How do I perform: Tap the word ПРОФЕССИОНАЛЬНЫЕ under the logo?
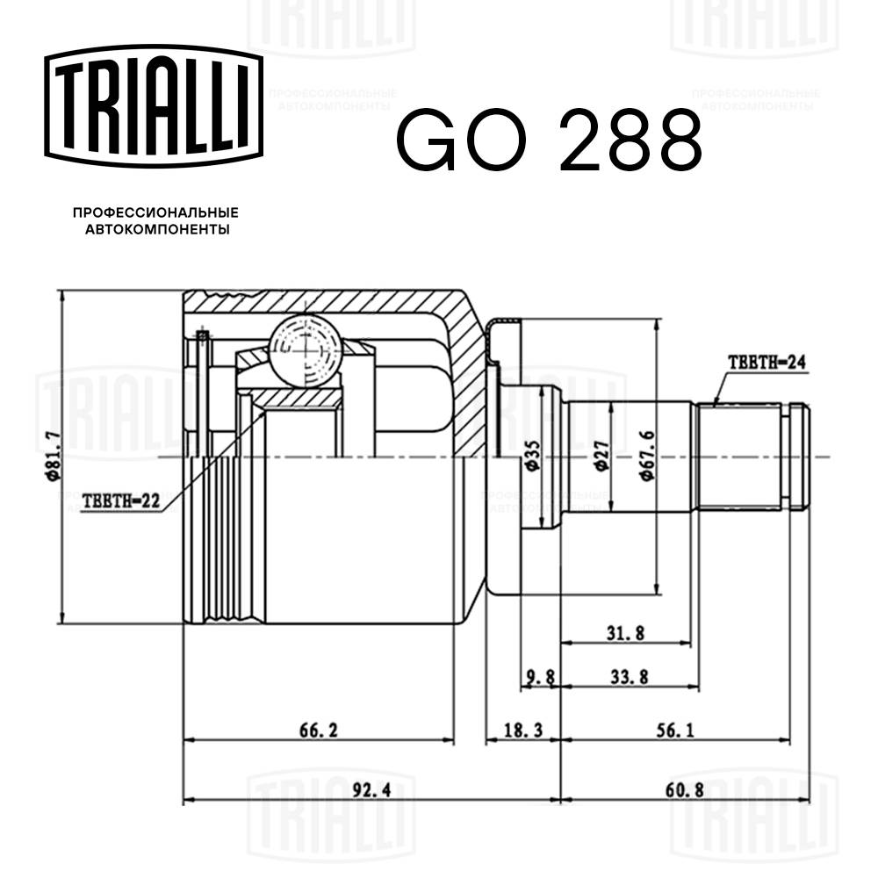155,213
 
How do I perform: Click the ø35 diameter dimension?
531,457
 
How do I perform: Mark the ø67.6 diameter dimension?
646,457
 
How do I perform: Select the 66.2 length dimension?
320,730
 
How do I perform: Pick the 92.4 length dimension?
371,789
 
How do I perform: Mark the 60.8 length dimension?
685,789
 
